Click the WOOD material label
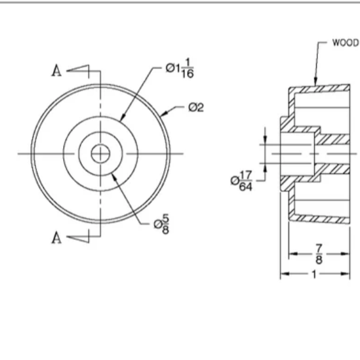tap(345, 43)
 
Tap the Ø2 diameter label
tap(195, 108)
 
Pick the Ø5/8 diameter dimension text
tap(162, 226)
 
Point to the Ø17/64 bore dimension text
tap(242, 182)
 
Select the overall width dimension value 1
tap(313, 274)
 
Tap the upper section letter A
tap(57, 71)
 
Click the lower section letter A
tap(57, 238)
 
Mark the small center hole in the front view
tap(100, 153)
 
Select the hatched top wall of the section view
tap(321, 88)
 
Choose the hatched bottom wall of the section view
tap(321, 218)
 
